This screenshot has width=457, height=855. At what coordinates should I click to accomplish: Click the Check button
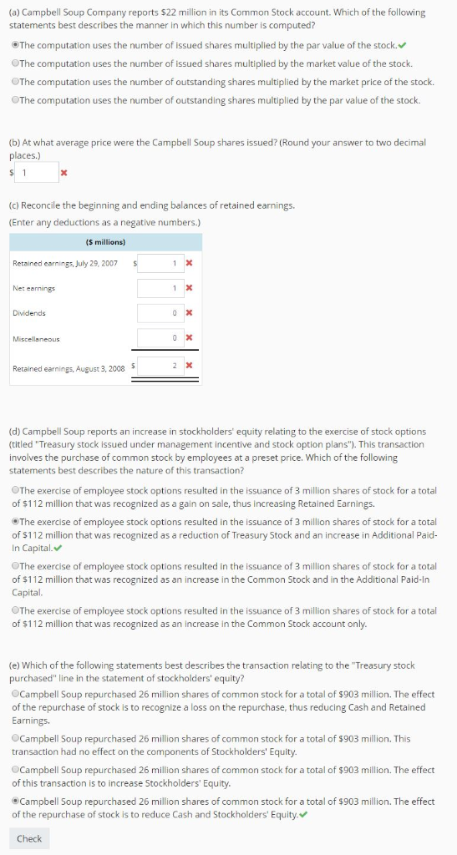click(x=29, y=838)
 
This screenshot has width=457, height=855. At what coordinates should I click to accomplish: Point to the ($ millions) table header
click(x=105, y=242)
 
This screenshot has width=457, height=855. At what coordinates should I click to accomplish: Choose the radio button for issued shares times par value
click(x=15, y=44)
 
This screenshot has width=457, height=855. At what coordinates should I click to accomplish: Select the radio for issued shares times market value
click(x=15, y=63)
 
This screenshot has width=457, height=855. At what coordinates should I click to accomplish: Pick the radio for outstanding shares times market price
click(x=15, y=82)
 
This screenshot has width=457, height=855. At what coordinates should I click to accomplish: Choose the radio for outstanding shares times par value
click(x=15, y=100)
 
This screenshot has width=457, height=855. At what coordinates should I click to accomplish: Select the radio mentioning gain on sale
click(x=15, y=490)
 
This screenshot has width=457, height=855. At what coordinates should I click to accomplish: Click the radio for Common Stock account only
click(x=15, y=610)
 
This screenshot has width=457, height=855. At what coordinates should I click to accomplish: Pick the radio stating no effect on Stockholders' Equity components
click(x=15, y=739)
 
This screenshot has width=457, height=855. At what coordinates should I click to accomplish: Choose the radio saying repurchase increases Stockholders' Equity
click(x=15, y=770)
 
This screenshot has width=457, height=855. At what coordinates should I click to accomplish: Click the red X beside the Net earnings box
click(x=188, y=288)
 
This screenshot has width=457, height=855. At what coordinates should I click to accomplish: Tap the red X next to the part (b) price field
click(x=63, y=173)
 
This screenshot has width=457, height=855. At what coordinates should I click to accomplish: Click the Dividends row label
click(x=29, y=313)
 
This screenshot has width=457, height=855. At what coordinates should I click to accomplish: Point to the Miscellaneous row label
click(x=35, y=338)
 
